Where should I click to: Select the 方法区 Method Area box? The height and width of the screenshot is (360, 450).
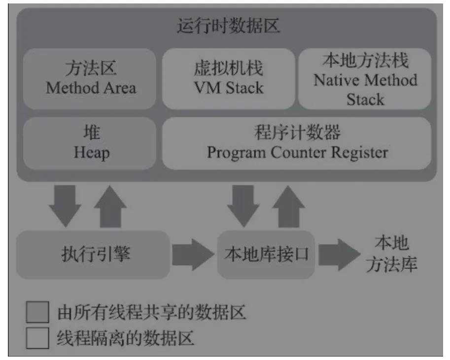[90, 79]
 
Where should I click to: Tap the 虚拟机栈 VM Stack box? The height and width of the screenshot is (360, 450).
[228, 79]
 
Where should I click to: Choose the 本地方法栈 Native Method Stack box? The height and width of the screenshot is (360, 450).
[365, 79]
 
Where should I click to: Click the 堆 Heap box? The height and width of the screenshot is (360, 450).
[90, 143]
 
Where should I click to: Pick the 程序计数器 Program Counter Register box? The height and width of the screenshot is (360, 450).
[297, 143]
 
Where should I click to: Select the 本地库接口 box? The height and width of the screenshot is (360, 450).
[266, 254]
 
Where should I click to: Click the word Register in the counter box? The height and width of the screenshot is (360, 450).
[352, 152]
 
